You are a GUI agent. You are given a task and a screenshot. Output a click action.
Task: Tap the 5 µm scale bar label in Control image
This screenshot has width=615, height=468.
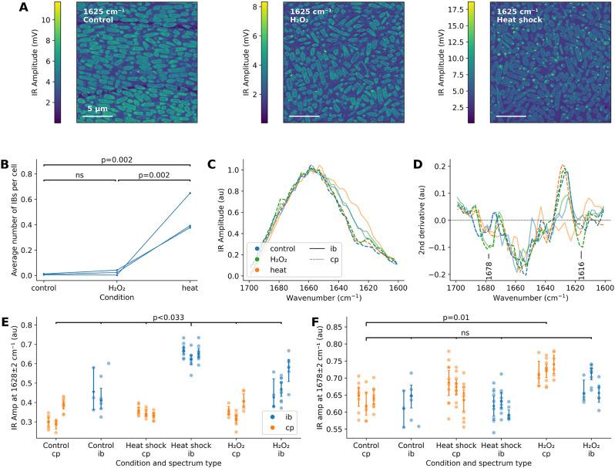tap(102, 107)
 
